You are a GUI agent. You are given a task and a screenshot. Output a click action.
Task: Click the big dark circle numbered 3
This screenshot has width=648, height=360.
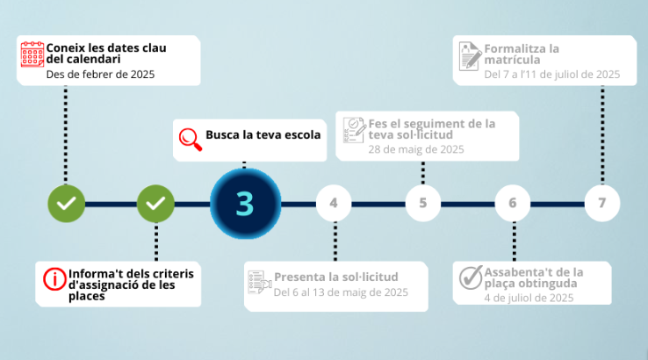[x=246, y=204]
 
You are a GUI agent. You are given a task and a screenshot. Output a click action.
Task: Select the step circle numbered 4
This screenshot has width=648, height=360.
[x=334, y=203]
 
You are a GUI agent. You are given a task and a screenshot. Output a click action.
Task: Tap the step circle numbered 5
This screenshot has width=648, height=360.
[x=422, y=203]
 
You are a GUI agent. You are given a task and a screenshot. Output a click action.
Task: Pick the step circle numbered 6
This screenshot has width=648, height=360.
[x=513, y=203]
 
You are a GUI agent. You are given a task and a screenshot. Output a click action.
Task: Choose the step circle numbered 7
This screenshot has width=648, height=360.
[x=602, y=203]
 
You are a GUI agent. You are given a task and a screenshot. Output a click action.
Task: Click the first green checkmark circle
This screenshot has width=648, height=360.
[x=67, y=204]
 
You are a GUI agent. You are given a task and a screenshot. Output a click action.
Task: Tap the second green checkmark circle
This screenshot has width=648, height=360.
[x=155, y=204]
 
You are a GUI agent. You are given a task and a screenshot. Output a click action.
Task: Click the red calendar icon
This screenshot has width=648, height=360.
[x=32, y=54]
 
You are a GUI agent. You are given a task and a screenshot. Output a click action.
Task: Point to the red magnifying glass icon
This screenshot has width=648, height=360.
[x=191, y=140]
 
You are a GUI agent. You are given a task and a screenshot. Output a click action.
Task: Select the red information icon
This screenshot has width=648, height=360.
[x=54, y=279]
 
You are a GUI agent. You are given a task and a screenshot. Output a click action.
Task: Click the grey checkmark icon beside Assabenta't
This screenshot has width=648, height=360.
[x=471, y=277]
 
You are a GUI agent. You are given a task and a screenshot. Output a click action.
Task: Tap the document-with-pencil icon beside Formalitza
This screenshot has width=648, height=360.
[x=471, y=56]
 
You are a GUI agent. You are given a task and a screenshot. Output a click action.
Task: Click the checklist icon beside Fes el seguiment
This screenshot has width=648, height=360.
[x=354, y=130]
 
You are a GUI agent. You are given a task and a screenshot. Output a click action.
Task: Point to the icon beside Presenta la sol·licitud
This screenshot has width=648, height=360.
[x=260, y=283]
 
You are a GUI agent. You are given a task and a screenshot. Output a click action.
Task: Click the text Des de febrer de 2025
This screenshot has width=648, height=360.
[x=100, y=75]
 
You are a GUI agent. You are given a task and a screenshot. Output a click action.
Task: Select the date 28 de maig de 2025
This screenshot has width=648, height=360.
[x=416, y=149]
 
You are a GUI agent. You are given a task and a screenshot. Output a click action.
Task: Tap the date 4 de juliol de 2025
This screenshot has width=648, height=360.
[x=529, y=298]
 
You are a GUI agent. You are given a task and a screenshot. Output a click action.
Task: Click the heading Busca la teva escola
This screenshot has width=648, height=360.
[x=263, y=134]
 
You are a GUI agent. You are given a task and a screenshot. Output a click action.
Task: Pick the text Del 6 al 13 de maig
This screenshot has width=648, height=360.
[x=320, y=292]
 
